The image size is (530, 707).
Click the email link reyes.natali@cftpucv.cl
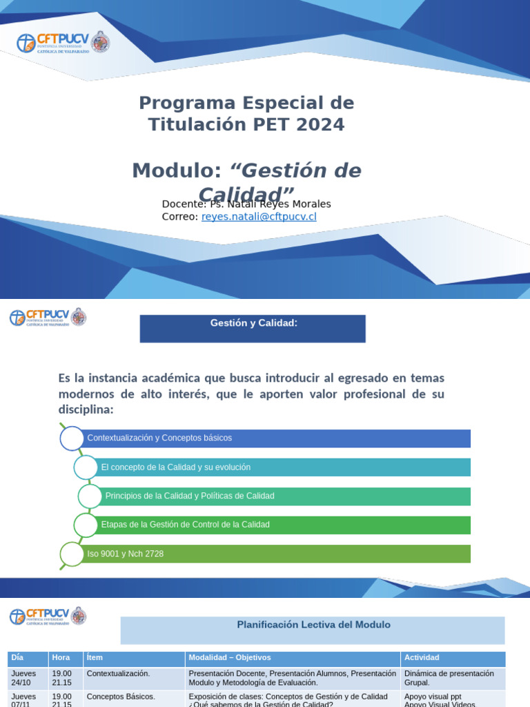[259, 217]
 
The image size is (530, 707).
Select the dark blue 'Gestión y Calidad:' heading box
[253, 329]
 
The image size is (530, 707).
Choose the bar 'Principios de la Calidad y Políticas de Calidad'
[287, 496]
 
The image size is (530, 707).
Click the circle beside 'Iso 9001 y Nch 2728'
[72, 554]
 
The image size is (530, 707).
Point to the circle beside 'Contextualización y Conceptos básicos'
[72, 438]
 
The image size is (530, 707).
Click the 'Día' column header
[28, 658]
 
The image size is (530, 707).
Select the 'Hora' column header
[66, 658]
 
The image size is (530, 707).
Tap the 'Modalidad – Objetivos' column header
[293, 658]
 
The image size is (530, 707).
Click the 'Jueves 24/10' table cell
[28, 677]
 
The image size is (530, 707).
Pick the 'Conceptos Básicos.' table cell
[134, 697]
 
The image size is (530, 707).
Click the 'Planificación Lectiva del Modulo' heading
[313, 625]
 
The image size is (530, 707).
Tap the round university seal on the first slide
[101, 42]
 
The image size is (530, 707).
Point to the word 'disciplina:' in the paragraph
[86, 410]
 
